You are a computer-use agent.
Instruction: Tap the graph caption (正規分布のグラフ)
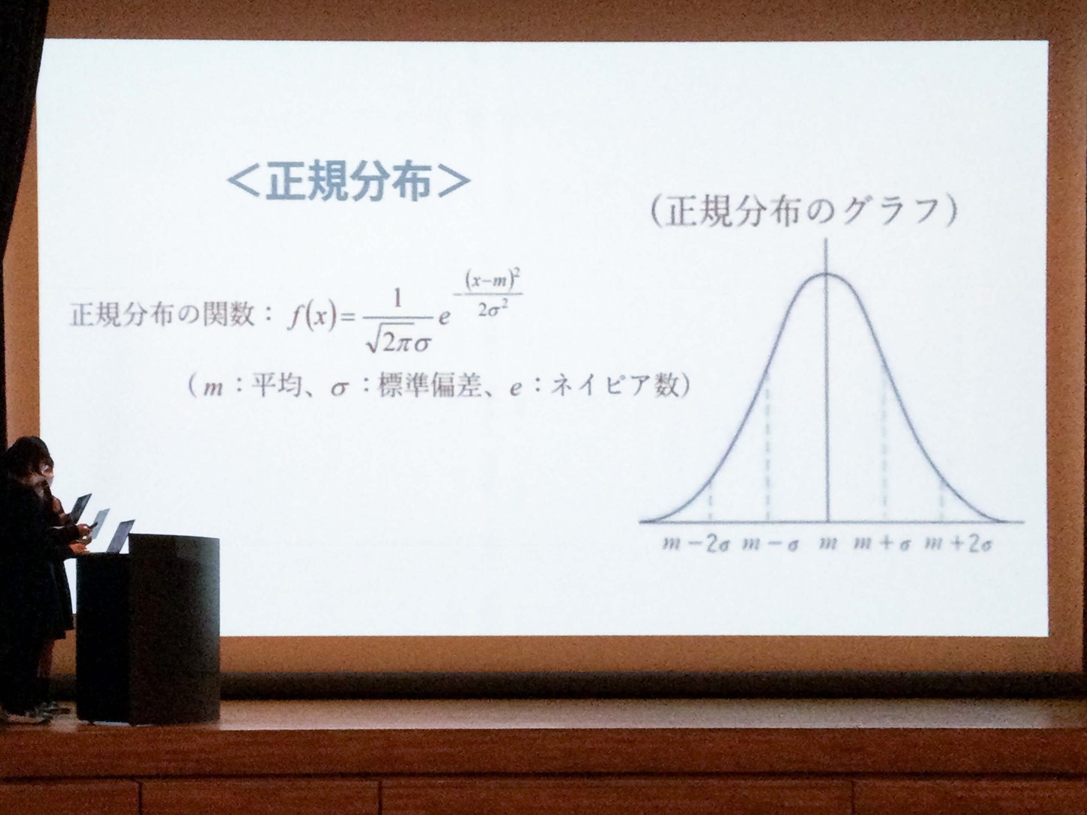tap(803, 211)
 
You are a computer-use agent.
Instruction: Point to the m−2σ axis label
tap(696, 544)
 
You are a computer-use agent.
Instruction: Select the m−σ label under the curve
tap(770, 544)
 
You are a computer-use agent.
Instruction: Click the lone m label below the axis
tap(828, 543)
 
